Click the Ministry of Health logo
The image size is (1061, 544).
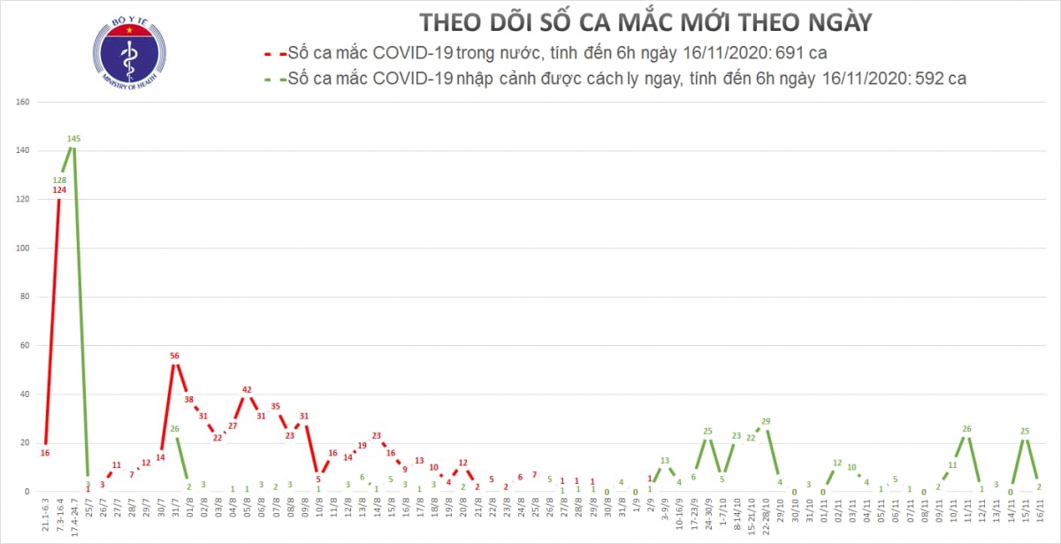pyautogui.click(x=129, y=50)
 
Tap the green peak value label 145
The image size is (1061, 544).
pyautogui.click(x=75, y=139)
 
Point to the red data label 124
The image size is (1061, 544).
pyautogui.click(x=59, y=190)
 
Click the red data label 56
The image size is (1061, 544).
pyautogui.click(x=175, y=356)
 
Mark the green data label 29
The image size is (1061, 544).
pyautogui.click(x=766, y=421)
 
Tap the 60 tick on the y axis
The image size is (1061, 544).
pyautogui.click(x=25, y=346)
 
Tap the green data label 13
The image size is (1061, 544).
pyautogui.click(x=665, y=461)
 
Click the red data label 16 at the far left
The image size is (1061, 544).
pyautogui.click(x=45, y=453)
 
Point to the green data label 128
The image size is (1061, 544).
pyautogui.click(x=59, y=180)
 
